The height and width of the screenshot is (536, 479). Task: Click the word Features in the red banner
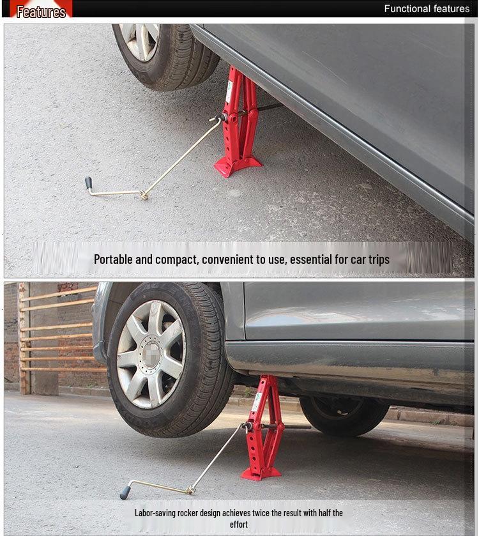point(41,11)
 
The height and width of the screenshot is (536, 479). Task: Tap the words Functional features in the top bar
point(427,9)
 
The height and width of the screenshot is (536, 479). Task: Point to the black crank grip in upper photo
point(88,183)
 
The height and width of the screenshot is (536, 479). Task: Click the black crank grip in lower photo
point(125,492)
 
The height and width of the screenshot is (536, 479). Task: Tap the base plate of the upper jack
point(237,167)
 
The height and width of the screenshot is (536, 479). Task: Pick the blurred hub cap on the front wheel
point(152,355)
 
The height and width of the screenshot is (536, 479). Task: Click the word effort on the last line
point(239,525)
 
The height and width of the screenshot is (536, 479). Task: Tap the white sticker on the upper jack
point(229,92)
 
